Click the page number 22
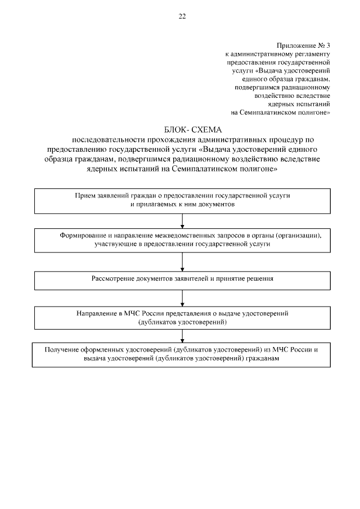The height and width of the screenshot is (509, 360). point(182,16)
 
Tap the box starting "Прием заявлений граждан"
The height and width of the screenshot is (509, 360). point(182,201)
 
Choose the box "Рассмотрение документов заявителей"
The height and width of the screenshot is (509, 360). point(182,279)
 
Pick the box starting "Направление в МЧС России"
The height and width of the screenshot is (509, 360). point(182,318)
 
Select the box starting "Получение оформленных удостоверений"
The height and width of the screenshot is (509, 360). point(182,354)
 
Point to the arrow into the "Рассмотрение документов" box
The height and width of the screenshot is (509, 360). point(182,262)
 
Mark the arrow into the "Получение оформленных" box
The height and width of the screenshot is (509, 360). point(182,336)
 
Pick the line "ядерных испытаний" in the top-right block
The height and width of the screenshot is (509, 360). point(301,104)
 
